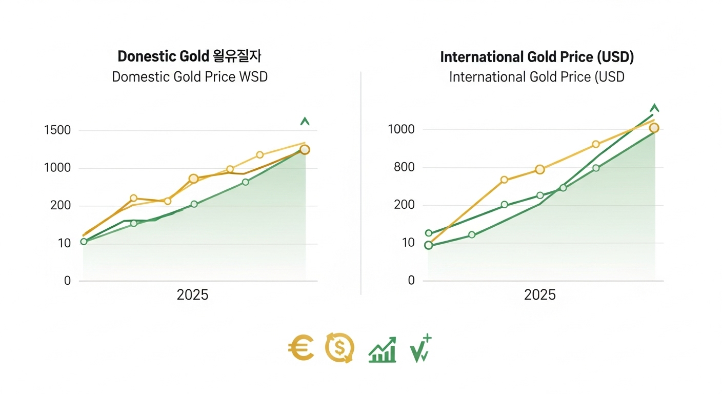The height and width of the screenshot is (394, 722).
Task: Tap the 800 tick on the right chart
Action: coord(404,168)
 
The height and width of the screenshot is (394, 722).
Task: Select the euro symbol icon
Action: coord(301,348)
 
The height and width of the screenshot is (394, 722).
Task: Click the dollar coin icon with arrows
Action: coord(339,348)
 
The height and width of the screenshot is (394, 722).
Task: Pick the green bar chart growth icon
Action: coord(383,349)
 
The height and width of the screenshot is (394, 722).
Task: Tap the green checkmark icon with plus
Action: coord(420,349)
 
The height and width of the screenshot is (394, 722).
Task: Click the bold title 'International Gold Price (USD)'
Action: coord(537,57)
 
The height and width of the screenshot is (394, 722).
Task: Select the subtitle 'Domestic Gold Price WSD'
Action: coord(190,77)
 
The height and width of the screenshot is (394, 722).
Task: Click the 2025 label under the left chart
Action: coord(192,295)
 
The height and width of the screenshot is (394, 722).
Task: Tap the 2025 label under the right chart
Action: coord(540,295)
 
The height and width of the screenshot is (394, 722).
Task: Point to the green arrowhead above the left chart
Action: coord(305,122)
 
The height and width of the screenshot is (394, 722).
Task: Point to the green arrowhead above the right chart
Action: coord(654,108)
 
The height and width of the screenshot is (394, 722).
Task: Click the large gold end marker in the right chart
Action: coord(654,128)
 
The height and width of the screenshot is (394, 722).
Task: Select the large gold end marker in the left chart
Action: coord(305,150)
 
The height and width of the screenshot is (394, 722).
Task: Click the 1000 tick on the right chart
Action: coord(401,130)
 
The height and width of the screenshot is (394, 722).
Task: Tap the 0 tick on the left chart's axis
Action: coord(67,281)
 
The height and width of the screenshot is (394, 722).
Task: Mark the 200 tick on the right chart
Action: coord(404,205)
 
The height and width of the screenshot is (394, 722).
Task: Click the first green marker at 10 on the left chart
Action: coord(84,241)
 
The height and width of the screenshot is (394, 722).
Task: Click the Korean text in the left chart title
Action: coord(237,56)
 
